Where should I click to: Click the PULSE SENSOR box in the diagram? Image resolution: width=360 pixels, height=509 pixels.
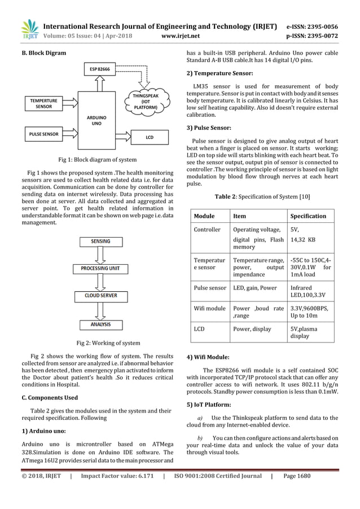tap(43, 135)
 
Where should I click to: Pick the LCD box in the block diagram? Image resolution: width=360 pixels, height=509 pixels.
tap(150, 137)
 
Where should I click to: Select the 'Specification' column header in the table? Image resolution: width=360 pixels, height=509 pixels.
tap(308, 216)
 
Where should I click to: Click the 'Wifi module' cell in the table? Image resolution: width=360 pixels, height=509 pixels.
tap(209, 309)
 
